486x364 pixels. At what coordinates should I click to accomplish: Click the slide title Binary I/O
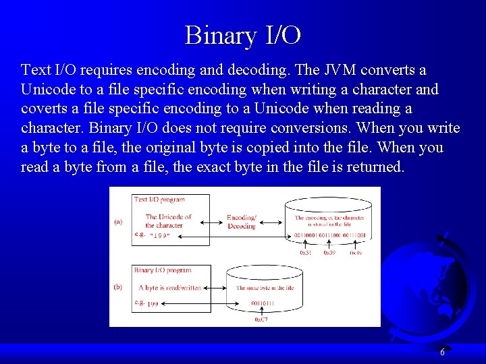[x=243, y=35]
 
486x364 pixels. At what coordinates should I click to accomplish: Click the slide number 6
[x=442, y=353]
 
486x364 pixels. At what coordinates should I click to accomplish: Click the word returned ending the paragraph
[x=375, y=166]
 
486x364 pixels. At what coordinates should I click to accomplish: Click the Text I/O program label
[x=159, y=200]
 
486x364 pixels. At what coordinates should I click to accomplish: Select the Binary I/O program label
[x=162, y=270]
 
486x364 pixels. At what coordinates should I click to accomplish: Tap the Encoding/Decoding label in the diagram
[x=242, y=222]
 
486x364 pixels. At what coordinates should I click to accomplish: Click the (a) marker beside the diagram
[x=118, y=222]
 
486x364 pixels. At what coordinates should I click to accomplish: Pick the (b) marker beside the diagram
[x=118, y=286]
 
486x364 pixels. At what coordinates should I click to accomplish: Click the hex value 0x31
[x=306, y=253]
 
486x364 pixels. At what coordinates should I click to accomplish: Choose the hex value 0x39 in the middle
[x=329, y=253]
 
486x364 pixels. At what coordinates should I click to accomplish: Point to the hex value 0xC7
[x=261, y=320]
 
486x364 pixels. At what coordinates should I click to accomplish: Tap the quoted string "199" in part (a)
[x=160, y=235]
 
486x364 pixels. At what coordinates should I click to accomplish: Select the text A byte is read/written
[x=169, y=287]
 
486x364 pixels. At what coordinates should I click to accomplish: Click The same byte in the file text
[x=265, y=288]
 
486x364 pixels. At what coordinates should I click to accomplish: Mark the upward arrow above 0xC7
[x=261, y=311]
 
